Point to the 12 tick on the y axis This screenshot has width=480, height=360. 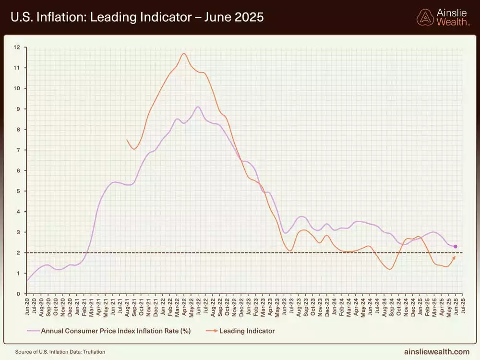point(17,47)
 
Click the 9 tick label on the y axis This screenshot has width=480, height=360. point(17,109)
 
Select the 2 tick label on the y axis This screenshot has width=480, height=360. point(17,252)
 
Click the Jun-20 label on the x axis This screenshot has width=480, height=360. point(27,306)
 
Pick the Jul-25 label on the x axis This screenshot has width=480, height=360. point(463,306)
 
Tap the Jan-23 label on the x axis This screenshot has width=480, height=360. point(248,306)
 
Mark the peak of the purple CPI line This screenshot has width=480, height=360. point(198,107)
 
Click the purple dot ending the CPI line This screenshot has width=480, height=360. point(455,247)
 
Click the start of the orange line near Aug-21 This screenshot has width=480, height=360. point(127,140)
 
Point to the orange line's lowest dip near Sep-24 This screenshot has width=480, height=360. point(389,269)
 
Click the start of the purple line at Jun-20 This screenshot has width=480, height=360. point(27,281)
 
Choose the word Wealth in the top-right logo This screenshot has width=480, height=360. point(453,22)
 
